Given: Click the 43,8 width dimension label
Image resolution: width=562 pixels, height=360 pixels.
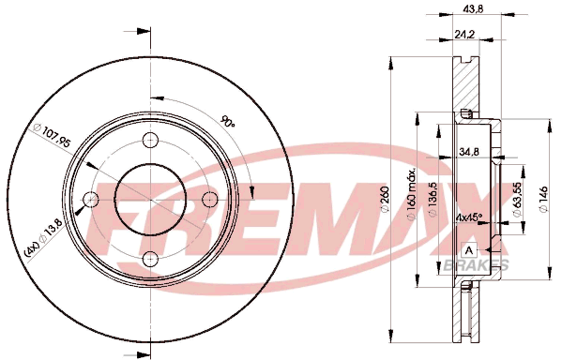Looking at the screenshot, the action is coord(474,9).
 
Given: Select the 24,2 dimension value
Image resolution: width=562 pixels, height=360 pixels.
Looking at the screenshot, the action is coord(464,34).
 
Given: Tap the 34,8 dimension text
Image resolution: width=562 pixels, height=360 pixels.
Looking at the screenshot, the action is coord(469,152).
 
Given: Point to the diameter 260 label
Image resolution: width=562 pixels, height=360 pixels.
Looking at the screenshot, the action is coord(385,199).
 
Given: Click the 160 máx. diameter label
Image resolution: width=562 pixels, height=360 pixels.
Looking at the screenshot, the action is coord(411,193).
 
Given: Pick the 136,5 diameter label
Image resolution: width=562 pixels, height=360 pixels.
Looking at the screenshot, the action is coord(433,199).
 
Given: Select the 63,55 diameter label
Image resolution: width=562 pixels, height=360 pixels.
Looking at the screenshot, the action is coord(517,199).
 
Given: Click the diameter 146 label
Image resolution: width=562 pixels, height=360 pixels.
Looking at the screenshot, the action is coord(543,199).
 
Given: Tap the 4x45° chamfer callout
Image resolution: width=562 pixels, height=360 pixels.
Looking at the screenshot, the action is coord(469,217).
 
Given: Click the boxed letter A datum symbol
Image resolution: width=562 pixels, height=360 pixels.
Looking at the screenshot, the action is coord(469,250).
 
